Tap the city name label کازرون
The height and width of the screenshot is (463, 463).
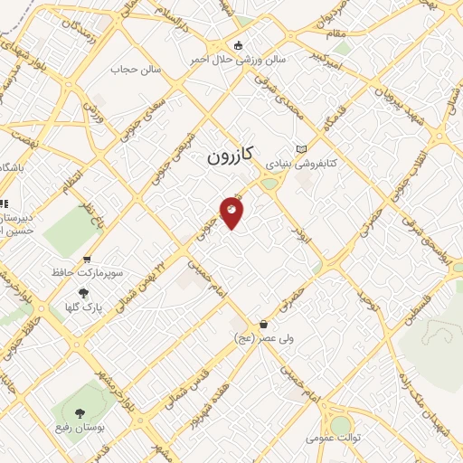[x=230, y=155]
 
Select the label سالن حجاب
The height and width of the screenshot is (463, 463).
[x=136, y=69]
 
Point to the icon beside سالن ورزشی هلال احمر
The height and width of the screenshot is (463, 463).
[x=238, y=45]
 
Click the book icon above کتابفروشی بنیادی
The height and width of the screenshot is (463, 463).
[x=302, y=149]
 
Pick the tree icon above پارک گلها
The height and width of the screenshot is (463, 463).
[x=84, y=293]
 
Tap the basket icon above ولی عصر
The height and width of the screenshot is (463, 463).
[x=263, y=324]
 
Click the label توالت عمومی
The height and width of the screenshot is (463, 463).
[x=340, y=439]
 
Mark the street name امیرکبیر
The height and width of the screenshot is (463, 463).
[x=326, y=61]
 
